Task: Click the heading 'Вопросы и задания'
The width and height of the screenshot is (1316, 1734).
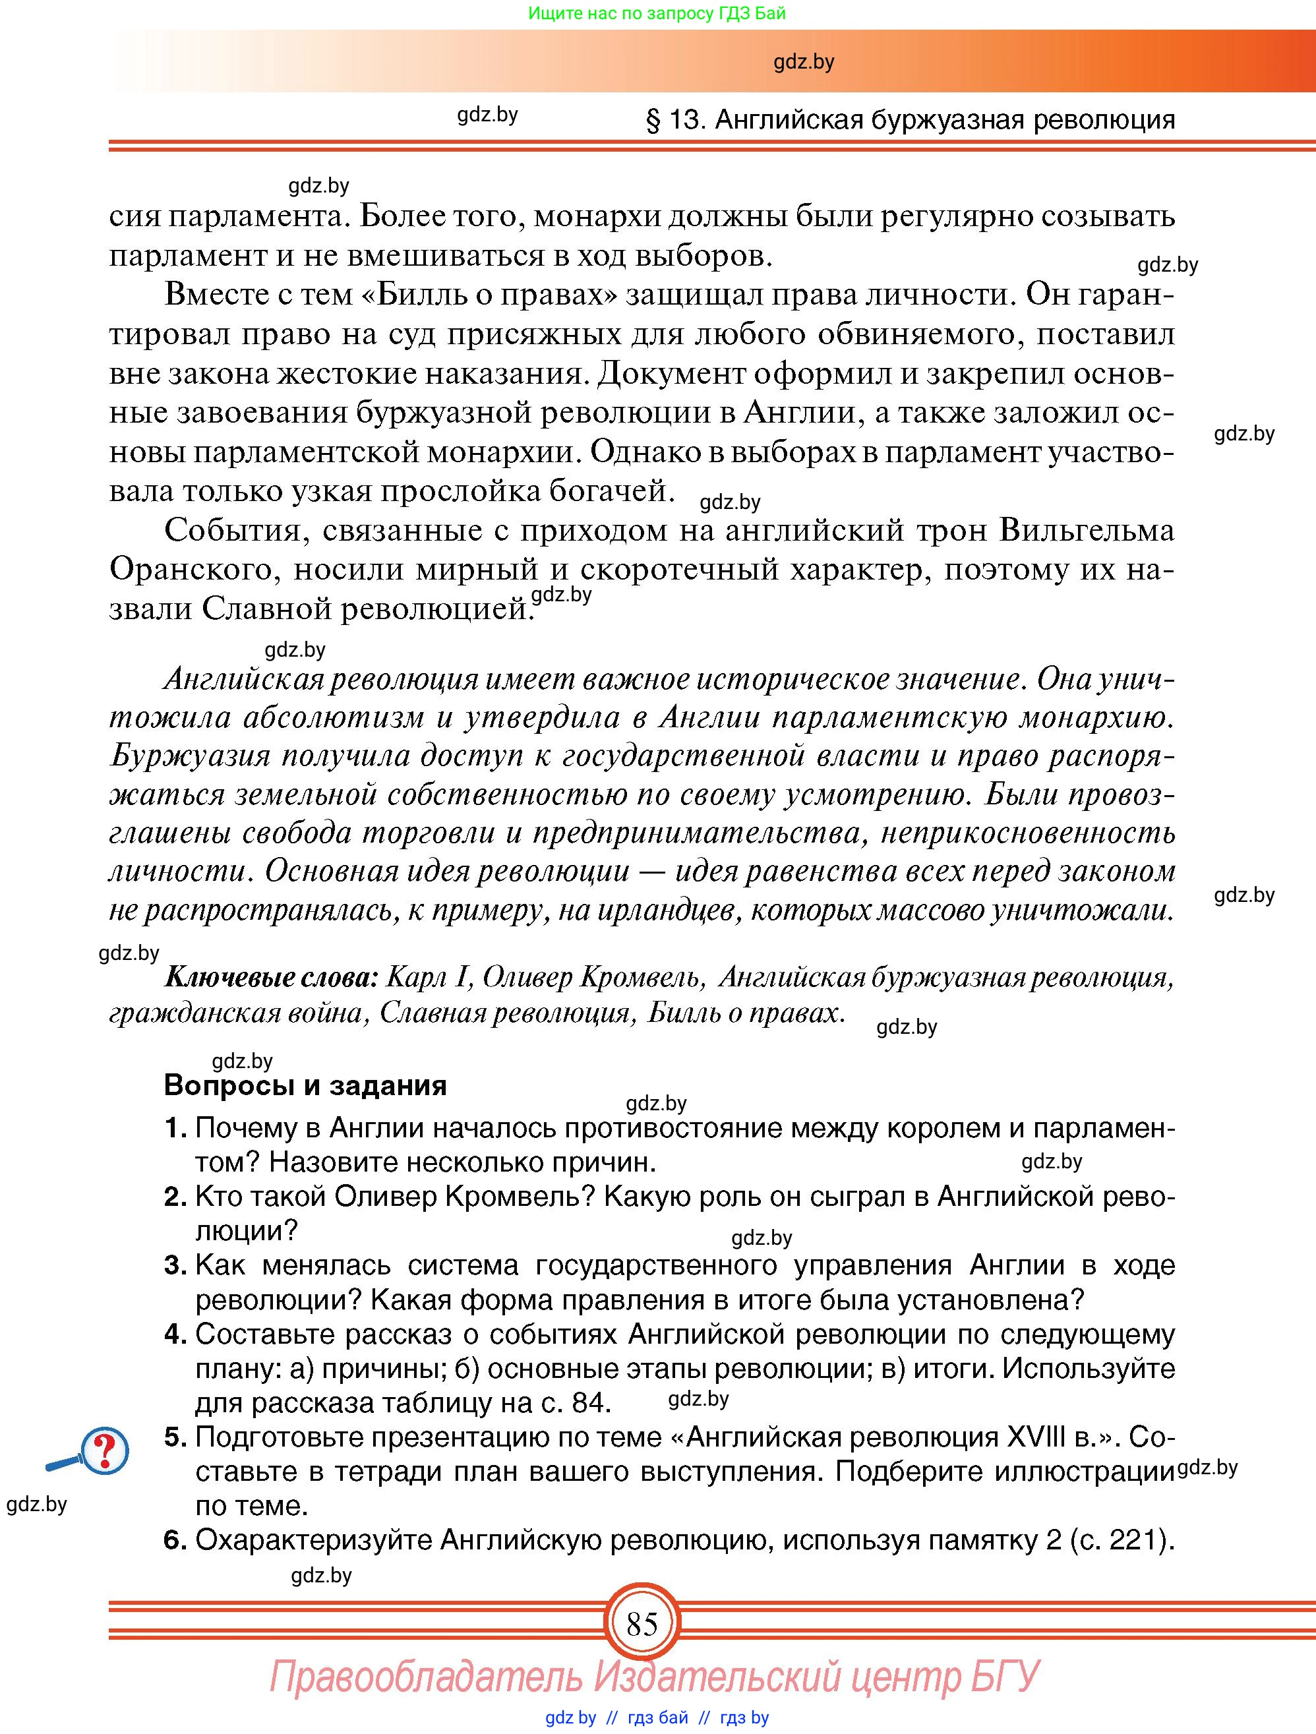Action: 306,1085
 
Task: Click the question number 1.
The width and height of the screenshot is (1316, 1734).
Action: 175,1128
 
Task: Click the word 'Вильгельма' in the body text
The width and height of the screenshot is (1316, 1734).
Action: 1087,531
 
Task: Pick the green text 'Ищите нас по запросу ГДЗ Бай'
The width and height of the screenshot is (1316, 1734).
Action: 657,13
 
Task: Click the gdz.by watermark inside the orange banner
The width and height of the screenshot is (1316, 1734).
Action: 804,63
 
